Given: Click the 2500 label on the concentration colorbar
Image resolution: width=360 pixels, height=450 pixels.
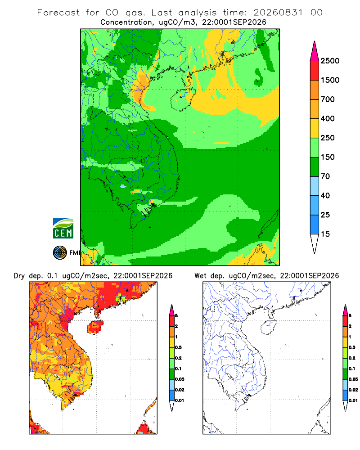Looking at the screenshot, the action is [x=330, y=61].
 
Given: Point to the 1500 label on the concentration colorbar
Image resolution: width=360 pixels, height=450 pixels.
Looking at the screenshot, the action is [x=330, y=80].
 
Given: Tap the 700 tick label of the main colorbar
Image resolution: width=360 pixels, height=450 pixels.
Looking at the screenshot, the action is [x=328, y=99].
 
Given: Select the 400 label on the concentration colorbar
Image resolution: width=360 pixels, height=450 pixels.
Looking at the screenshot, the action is [x=328, y=118].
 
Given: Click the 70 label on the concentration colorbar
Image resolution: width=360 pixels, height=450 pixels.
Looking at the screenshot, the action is [x=325, y=176].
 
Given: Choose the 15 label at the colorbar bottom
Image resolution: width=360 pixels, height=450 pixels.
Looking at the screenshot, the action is [x=325, y=234].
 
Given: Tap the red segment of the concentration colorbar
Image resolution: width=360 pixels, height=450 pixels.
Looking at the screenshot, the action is [x=315, y=71].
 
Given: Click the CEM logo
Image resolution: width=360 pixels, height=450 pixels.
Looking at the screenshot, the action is [x=63, y=229].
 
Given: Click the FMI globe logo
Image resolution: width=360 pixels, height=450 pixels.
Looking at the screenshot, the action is [x=60, y=253].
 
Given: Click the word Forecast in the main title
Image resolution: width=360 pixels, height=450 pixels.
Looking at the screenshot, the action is [x=58, y=13].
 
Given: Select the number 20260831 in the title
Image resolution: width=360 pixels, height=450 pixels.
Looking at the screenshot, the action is [x=278, y=13].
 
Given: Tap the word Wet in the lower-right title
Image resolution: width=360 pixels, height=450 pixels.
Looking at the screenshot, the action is [x=200, y=276].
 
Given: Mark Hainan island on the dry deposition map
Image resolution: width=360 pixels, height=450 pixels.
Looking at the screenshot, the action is [x=95, y=327].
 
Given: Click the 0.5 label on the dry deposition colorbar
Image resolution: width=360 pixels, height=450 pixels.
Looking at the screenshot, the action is [x=178, y=347].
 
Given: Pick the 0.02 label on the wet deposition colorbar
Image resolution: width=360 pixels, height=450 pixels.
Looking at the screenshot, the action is [x=353, y=390].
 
